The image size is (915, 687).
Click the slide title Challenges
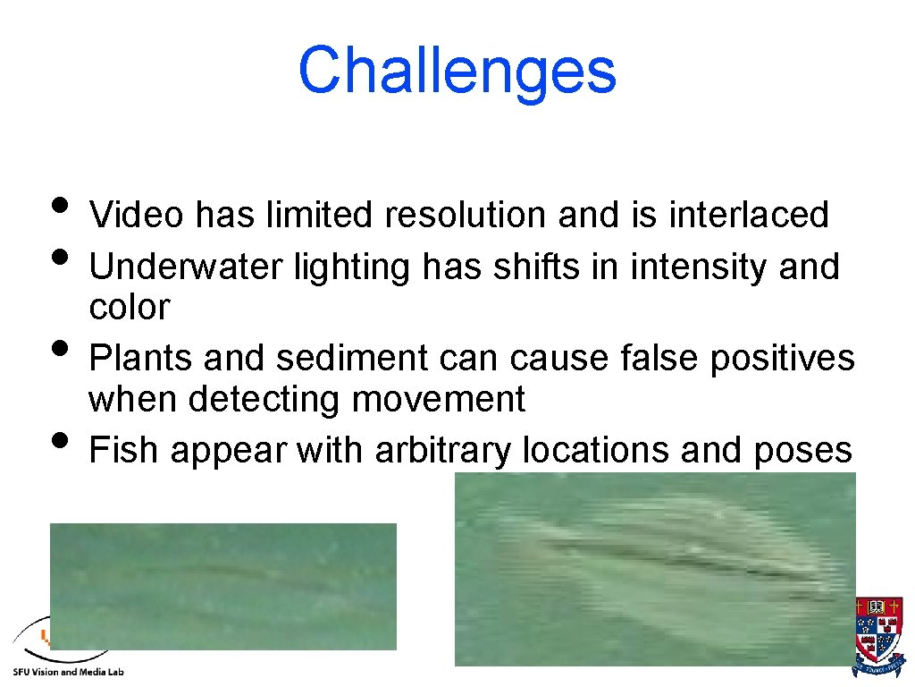click(457, 71)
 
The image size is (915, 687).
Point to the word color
click(129, 308)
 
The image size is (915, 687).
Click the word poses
click(802, 450)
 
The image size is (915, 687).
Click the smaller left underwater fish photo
click(223, 586)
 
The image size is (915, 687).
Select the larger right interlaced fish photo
click(655, 569)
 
